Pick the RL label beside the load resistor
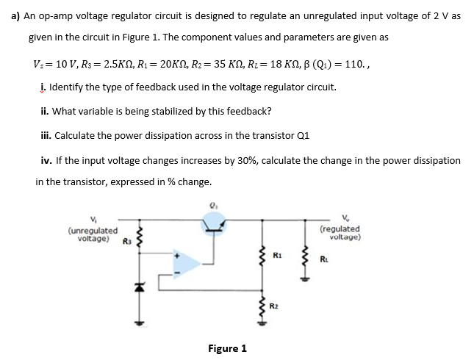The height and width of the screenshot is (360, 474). coord(323,259)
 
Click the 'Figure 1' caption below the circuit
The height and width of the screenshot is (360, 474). coord(228,348)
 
